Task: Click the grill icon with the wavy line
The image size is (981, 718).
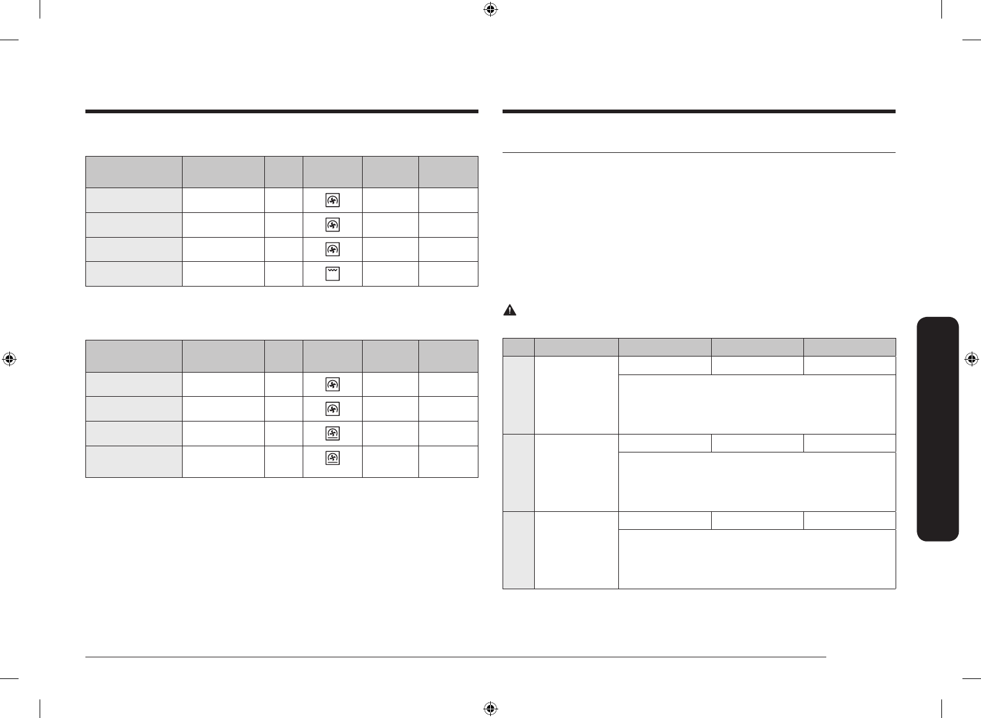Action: (x=332, y=274)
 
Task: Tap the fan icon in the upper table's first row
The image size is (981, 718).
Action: (x=332, y=200)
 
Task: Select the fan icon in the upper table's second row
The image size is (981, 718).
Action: (x=332, y=225)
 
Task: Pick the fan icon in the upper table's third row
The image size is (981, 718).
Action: (x=332, y=249)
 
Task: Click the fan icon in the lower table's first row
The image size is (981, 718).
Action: (x=332, y=384)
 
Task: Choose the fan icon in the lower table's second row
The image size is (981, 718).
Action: (x=332, y=409)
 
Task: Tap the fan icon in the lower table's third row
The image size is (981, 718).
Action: (x=332, y=433)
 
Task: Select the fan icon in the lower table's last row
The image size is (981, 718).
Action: (x=332, y=458)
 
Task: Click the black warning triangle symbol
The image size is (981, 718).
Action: (x=509, y=311)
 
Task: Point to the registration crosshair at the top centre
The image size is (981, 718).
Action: (x=490, y=9)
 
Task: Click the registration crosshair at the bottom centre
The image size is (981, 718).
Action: (x=490, y=708)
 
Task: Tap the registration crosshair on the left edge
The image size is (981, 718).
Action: (x=9, y=359)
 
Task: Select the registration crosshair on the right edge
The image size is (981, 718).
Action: (x=971, y=359)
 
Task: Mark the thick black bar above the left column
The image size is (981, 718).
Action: (x=282, y=112)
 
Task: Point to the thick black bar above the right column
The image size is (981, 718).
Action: (x=699, y=112)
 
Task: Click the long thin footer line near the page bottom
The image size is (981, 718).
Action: (x=456, y=658)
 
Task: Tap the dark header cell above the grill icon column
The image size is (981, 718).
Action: (x=332, y=172)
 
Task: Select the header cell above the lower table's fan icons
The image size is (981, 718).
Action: (x=332, y=356)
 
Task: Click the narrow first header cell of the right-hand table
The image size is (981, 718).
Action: (x=519, y=347)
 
